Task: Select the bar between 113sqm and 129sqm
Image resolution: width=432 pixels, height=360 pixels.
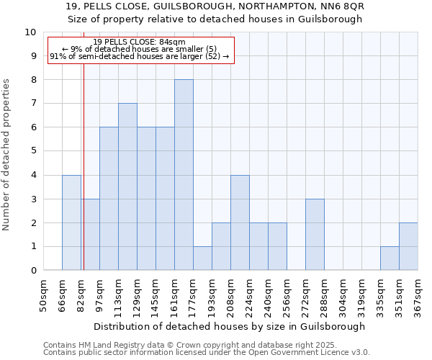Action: (x=127, y=187)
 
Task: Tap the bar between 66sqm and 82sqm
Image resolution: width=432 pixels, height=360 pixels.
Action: (x=71, y=222)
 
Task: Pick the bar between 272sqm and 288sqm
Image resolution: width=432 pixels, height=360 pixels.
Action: (x=315, y=235)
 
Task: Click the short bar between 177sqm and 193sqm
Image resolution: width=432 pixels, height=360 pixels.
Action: (x=202, y=258)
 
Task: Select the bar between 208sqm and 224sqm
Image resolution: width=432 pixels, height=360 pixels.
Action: (x=240, y=222)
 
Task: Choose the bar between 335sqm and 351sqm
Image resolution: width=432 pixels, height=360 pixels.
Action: (x=390, y=258)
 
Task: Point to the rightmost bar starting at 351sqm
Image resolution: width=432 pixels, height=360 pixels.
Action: (x=408, y=246)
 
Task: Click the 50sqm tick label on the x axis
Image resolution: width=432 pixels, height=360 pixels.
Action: (x=43, y=296)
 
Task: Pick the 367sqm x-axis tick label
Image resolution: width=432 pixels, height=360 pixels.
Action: (x=418, y=296)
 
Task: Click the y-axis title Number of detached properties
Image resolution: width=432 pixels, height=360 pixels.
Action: (x=7, y=155)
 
